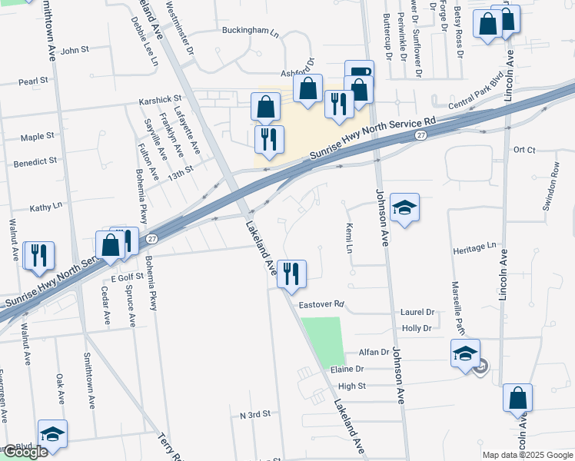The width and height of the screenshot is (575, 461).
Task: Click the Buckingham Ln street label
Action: (x=250, y=32)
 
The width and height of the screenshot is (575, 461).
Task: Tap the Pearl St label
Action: (x=34, y=81)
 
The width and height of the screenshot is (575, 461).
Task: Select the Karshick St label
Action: (x=159, y=100)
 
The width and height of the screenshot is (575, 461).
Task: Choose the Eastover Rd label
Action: (x=321, y=304)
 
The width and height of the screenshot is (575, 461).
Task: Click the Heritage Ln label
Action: (x=474, y=247)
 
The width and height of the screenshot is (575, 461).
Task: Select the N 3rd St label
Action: (x=255, y=414)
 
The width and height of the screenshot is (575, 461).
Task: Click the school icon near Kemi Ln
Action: (x=404, y=207)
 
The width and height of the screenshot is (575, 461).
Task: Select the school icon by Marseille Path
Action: (x=465, y=353)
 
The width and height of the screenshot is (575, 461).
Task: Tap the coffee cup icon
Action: (x=359, y=73)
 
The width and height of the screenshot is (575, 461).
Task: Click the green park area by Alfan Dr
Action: (x=323, y=340)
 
